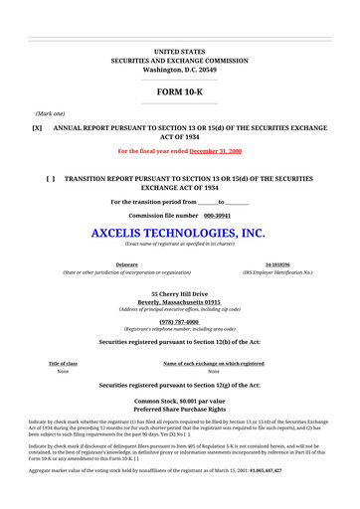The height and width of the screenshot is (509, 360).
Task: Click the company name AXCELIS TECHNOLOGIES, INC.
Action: (x=179, y=234)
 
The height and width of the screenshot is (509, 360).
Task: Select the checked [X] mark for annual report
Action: (x=37, y=128)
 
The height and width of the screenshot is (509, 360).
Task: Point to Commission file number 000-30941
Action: (x=179, y=215)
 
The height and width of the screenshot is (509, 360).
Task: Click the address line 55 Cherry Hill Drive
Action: (x=179, y=294)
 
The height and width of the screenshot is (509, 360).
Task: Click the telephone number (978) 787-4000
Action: (x=179, y=322)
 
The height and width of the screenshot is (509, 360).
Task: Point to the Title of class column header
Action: (x=63, y=364)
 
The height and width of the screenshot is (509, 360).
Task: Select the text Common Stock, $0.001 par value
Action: (x=179, y=401)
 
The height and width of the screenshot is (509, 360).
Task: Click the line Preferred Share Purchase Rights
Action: (x=179, y=409)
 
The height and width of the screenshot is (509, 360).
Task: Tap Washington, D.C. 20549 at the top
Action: (x=179, y=71)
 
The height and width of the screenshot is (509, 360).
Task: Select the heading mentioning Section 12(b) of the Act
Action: (x=179, y=342)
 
